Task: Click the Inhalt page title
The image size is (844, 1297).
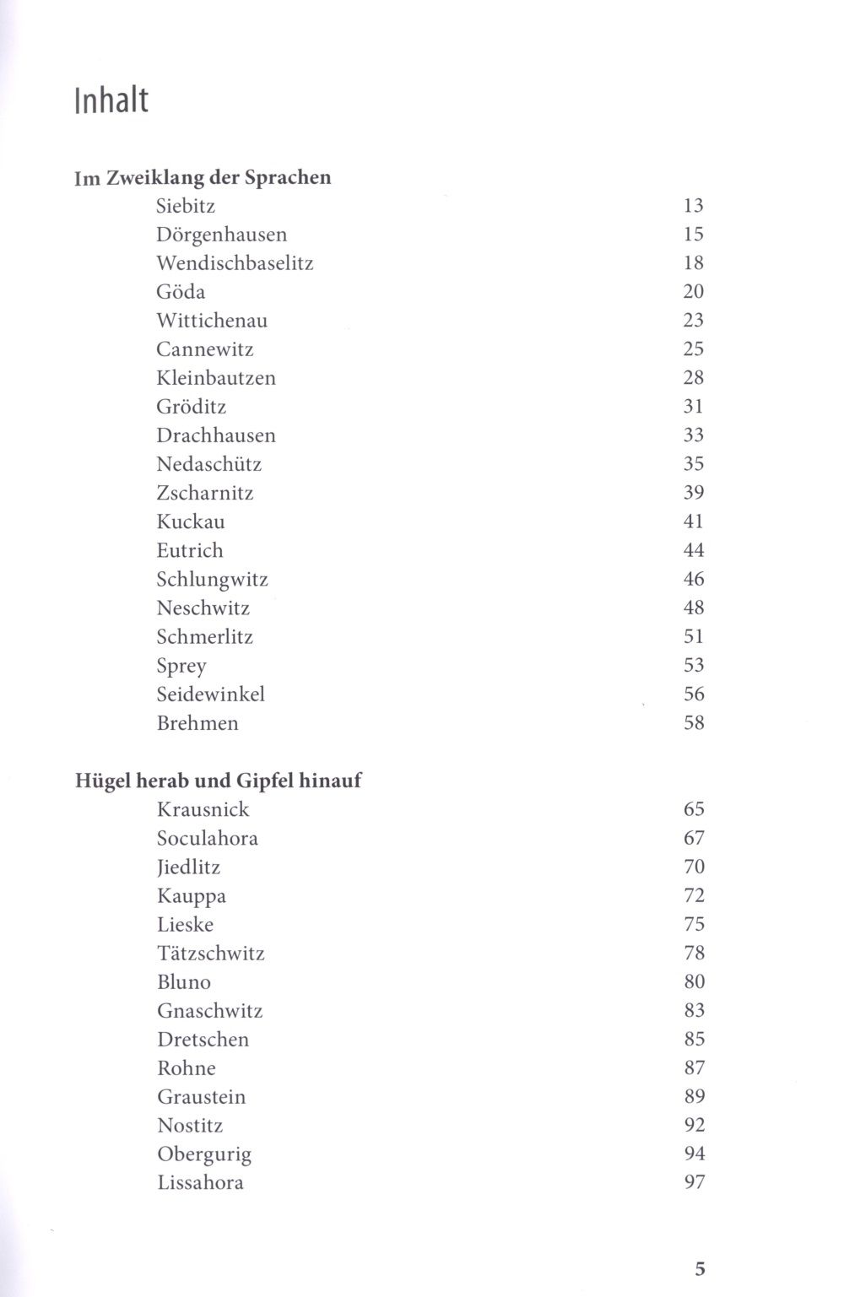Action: tap(111, 100)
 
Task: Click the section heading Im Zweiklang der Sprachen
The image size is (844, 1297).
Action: tap(203, 177)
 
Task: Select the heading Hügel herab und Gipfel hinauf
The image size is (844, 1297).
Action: tap(218, 781)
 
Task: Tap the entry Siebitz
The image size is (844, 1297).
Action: tap(186, 206)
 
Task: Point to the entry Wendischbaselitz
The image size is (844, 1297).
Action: tap(235, 263)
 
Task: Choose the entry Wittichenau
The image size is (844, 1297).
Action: tap(212, 321)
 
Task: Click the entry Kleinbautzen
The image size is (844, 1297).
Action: tap(216, 378)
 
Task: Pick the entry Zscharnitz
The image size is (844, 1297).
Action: tap(205, 493)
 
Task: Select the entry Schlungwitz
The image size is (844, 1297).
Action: tap(212, 579)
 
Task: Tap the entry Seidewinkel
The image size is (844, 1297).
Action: tap(211, 694)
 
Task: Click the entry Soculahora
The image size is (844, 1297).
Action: tap(208, 838)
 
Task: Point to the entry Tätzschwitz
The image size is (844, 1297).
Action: tap(211, 954)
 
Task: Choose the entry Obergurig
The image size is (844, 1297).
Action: tap(204, 1154)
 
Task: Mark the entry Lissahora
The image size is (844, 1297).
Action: tap(201, 1182)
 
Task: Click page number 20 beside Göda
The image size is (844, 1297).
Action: tap(694, 292)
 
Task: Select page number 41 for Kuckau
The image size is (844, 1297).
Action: tap(694, 522)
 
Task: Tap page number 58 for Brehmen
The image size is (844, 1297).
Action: tap(694, 723)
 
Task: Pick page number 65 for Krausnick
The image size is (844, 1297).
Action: tap(694, 809)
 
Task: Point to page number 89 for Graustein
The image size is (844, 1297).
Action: tap(694, 1097)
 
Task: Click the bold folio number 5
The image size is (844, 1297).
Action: tap(700, 1268)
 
